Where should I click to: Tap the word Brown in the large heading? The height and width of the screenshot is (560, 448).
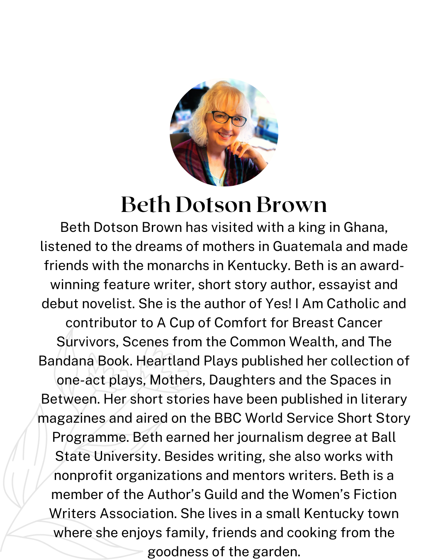(291, 205)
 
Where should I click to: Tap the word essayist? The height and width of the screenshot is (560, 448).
(324, 285)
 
